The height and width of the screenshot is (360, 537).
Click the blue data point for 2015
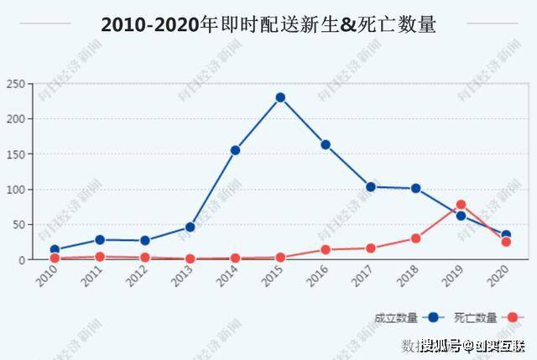pyautogui.click(x=280, y=97)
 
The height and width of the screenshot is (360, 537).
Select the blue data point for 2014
pyautogui.click(x=235, y=150)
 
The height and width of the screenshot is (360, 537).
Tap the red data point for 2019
pyautogui.click(x=461, y=205)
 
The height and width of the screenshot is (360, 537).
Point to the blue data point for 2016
pyautogui.click(x=326, y=144)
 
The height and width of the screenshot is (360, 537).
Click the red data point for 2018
pyautogui.click(x=415, y=238)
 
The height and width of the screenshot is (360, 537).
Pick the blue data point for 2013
pyautogui.click(x=190, y=227)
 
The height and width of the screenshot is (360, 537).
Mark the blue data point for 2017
pyautogui.click(x=371, y=186)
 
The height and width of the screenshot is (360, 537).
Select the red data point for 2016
pyautogui.click(x=326, y=249)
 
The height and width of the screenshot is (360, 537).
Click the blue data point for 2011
pyautogui.click(x=100, y=240)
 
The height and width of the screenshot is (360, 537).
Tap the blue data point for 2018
pyautogui.click(x=415, y=189)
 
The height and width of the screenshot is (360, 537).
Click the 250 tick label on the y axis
pyautogui.click(x=15, y=84)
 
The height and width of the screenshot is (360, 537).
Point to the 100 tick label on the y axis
pyautogui.click(x=15, y=190)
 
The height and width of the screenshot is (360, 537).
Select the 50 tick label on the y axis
pyautogui.click(x=18, y=225)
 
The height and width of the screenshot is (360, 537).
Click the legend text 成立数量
pyautogui.click(x=396, y=318)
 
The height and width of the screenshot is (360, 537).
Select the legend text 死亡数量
pyautogui.click(x=475, y=318)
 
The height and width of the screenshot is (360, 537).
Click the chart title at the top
pyautogui.click(x=268, y=24)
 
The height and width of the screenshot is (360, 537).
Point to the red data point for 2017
pyautogui.click(x=371, y=248)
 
